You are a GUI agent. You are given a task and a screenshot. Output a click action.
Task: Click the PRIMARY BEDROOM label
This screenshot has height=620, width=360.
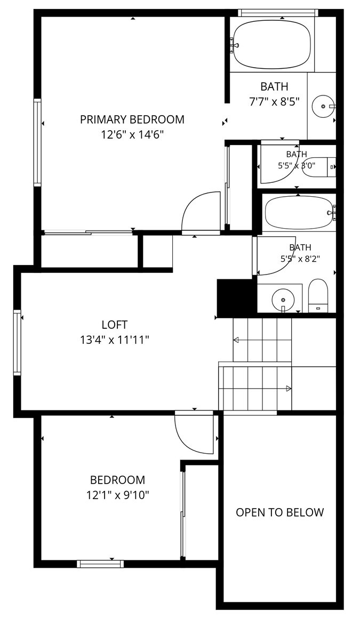coord(132,119)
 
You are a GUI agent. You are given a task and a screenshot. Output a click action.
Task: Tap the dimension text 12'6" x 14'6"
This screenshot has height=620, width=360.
coord(132,135)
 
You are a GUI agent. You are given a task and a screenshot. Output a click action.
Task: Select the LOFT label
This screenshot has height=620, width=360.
coord(114,325)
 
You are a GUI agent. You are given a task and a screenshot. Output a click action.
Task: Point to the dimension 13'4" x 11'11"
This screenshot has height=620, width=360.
coord(114,339)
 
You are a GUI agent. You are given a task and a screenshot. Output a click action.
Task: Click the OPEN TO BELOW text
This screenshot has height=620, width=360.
coord(279,512)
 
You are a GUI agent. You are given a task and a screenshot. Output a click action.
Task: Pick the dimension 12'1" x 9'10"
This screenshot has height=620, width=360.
coord(118,495)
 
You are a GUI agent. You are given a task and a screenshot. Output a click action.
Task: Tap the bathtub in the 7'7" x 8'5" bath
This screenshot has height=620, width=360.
coord(271,44)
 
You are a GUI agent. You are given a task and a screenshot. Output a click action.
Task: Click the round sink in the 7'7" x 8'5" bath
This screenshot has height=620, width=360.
coord(323,106)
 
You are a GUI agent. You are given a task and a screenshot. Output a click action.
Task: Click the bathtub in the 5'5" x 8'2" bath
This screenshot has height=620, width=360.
coord(299,214)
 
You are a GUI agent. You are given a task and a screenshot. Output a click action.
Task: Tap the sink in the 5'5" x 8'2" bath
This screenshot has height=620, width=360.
coord(283,299)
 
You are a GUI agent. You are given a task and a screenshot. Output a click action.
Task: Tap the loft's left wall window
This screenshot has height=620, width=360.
coord(17,342)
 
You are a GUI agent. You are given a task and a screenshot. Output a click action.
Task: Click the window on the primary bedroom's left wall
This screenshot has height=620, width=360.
coord(37,142)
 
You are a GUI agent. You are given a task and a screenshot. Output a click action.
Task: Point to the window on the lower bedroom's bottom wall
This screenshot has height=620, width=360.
coord(100,563)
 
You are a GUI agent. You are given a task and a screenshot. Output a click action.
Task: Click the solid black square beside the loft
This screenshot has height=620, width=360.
coord(236,298)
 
